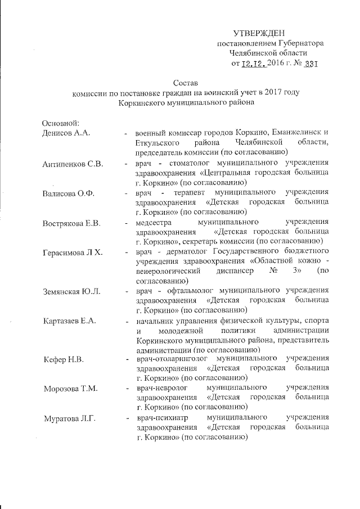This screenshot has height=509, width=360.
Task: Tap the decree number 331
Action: pos(310,63)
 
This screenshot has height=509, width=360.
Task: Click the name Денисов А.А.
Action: pos(67,133)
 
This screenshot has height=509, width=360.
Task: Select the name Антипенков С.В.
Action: pos(71,164)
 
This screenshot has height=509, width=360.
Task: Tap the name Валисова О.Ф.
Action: pos(68,194)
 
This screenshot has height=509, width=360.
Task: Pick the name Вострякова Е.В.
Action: pos(71,224)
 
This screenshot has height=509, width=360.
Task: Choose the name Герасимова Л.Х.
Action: pos(71,255)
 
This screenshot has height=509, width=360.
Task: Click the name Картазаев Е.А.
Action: pos(69,321)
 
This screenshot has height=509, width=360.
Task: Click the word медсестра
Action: pos(154,224)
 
